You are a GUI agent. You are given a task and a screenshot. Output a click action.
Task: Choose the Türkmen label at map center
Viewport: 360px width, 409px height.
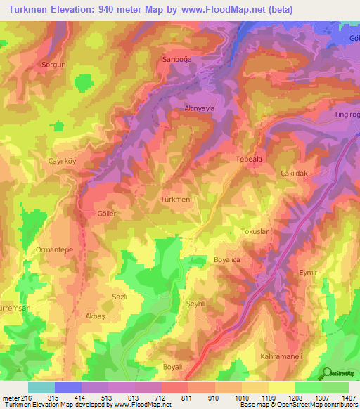[175, 200]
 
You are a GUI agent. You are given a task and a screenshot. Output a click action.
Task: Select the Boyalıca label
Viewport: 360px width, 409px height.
[227, 260]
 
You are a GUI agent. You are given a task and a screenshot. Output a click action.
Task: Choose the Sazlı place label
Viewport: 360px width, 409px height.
[119, 297]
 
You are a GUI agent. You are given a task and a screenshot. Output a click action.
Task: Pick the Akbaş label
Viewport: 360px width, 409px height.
[95, 316]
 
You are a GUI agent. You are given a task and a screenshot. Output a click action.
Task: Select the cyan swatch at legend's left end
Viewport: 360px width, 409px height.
[41, 387]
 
